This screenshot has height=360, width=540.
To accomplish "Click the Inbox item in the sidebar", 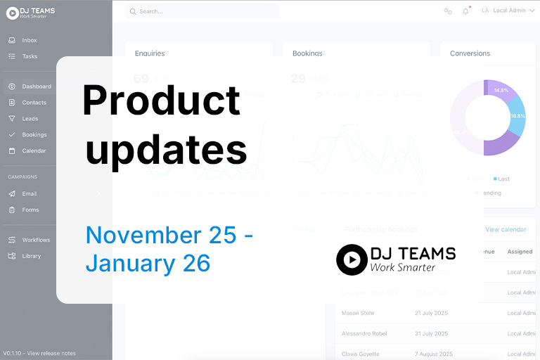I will click(29, 40).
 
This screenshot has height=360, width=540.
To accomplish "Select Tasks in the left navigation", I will click(29, 56).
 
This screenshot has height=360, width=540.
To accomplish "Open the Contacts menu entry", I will click(34, 103).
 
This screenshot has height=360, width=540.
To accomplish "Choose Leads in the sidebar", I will click(30, 119).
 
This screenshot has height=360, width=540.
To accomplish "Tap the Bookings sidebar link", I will click(34, 135).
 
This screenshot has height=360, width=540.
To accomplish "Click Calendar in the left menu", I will click(34, 151).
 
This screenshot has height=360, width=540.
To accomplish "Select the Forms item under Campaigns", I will click(30, 210).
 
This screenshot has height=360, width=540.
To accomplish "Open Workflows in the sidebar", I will click(36, 240).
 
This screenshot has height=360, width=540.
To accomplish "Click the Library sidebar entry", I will click(31, 257).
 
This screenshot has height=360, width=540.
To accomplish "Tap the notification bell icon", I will click(465, 11).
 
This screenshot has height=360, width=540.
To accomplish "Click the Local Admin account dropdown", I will click(508, 11).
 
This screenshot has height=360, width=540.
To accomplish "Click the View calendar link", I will click(506, 229).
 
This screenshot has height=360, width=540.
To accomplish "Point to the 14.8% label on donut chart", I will click(501, 91).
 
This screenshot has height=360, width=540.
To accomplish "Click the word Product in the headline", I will click(161, 100).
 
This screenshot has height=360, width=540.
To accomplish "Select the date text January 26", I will click(148, 263).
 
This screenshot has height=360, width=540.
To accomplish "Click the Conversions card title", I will click(470, 53).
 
